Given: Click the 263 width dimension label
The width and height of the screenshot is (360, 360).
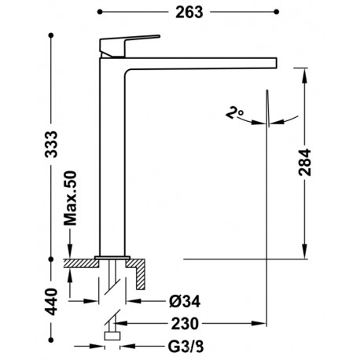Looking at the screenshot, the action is [x=189, y=13].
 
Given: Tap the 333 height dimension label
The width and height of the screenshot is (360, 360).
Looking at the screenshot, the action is [x=51, y=144].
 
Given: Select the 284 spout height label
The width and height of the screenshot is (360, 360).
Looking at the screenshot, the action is [x=305, y=162].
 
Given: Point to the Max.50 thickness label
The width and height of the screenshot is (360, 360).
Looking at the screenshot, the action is [x=70, y=198].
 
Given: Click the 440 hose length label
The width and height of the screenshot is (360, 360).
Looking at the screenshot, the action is [x=51, y=301].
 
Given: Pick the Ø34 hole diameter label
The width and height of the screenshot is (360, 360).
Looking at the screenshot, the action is [x=185, y=301].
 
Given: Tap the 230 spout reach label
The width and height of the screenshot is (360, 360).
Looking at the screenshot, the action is [x=186, y=324].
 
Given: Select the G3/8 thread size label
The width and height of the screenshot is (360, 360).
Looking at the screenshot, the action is [x=186, y=347].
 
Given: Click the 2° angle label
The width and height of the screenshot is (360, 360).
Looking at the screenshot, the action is [x=234, y=112].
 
